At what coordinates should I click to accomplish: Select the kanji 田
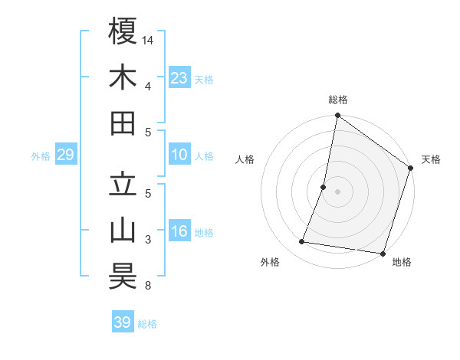123,123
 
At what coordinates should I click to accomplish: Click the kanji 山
123,231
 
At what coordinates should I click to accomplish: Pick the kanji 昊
123,277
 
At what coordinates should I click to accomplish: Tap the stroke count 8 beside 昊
147,286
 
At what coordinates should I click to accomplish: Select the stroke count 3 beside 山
147,240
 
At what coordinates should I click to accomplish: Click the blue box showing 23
179,77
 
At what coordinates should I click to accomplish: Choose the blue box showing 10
179,155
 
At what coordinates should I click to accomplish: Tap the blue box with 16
179,232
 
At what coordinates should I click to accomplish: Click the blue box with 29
65,155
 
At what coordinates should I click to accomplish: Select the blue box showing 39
122,322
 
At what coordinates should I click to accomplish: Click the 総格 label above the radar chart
338,100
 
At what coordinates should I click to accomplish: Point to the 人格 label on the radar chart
245,159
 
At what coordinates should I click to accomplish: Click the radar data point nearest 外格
302,242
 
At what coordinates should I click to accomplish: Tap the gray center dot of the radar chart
337,191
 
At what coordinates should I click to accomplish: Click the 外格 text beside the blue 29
41,156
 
